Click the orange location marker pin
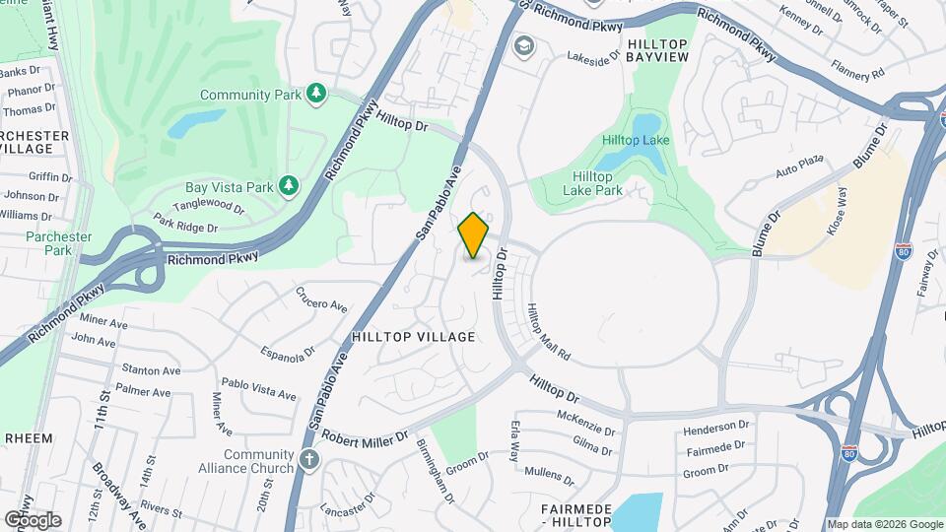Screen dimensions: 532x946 point(474,235)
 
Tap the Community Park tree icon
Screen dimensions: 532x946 point(315,94)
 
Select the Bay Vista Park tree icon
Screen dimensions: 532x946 point(289,185)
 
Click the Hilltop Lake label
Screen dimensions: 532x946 point(636,140)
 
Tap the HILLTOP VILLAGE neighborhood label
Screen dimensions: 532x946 point(413,337)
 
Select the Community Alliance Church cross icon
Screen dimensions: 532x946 point(309,459)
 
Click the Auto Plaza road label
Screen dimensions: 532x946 point(798,166)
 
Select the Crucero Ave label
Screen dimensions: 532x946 point(321,299)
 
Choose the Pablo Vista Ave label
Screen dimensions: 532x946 point(258,388)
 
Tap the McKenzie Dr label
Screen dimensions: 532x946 point(585,424)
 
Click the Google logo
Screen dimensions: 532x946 point(33,519)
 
